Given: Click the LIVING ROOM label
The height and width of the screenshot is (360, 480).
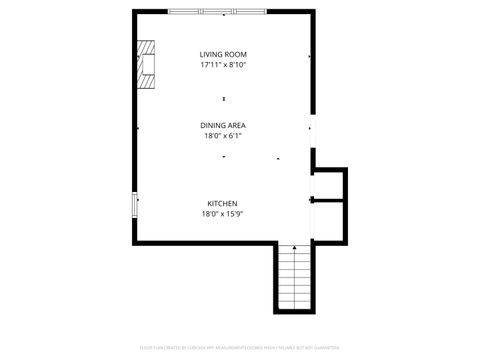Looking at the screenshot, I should (223, 54).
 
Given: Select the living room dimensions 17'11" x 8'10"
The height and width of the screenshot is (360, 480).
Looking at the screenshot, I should (223, 65).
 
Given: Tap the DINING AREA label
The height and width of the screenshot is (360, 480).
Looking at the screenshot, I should (223, 125).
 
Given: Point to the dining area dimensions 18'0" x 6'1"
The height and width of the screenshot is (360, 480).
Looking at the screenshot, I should (223, 135).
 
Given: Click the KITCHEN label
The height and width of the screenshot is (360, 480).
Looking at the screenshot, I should (222, 203).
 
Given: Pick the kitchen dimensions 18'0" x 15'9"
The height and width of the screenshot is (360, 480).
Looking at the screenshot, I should (222, 213).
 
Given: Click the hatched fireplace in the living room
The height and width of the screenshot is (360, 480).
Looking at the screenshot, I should (147, 65).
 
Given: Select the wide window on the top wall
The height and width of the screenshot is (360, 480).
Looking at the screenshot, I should (217, 11).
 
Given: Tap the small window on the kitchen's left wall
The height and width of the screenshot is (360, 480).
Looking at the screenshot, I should (135, 205).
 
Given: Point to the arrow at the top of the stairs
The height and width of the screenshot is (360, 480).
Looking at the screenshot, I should (294, 247).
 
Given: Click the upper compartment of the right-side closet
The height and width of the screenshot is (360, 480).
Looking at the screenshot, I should (329, 184).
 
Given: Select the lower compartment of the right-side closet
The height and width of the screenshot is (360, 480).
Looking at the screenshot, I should (329, 219).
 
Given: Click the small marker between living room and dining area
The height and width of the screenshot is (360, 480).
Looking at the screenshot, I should (224, 98).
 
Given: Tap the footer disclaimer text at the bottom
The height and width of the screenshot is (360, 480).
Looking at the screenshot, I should (240, 347).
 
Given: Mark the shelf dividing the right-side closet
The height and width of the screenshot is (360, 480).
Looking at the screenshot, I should (329, 200).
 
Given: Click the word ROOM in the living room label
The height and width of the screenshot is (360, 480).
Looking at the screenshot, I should (236, 54).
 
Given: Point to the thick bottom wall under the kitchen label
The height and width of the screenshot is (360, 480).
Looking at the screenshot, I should (205, 241).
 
